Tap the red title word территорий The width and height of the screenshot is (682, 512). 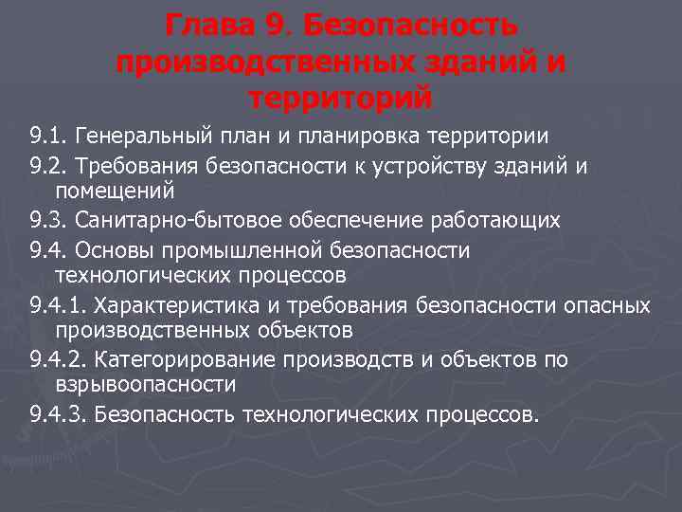point(340,97)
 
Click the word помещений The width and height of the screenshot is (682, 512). point(115,192)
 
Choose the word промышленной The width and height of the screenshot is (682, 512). point(247,249)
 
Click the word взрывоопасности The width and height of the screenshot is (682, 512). point(145,385)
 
